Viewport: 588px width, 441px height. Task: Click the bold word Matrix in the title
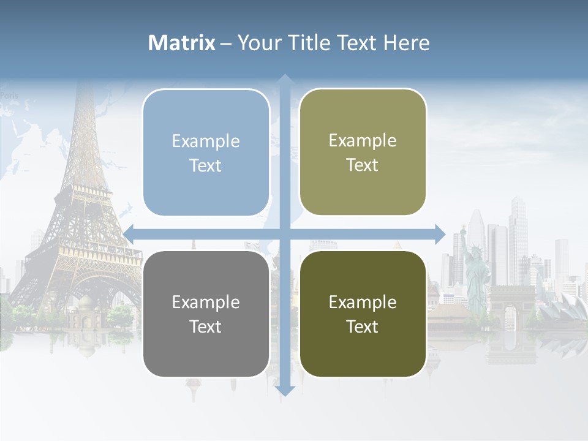[x=182, y=43]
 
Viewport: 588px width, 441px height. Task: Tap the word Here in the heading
[x=406, y=43]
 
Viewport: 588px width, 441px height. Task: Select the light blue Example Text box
[x=206, y=153]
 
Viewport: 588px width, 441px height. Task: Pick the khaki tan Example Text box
[x=363, y=152]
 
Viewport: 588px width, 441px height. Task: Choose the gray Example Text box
[x=206, y=314]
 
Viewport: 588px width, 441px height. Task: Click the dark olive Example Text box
[x=363, y=314]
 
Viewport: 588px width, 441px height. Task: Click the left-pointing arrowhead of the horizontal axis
[x=129, y=233]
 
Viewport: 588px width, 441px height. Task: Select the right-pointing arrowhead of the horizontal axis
[x=439, y=233]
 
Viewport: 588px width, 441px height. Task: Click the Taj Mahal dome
[x=86, y=304]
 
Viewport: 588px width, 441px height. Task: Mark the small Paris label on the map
[x=9, y=96]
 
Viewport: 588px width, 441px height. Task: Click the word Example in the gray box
[x=206, y=302]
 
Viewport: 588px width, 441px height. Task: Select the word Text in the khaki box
[x=363, y=165]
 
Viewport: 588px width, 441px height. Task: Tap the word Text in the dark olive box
[x=363, y=326]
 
